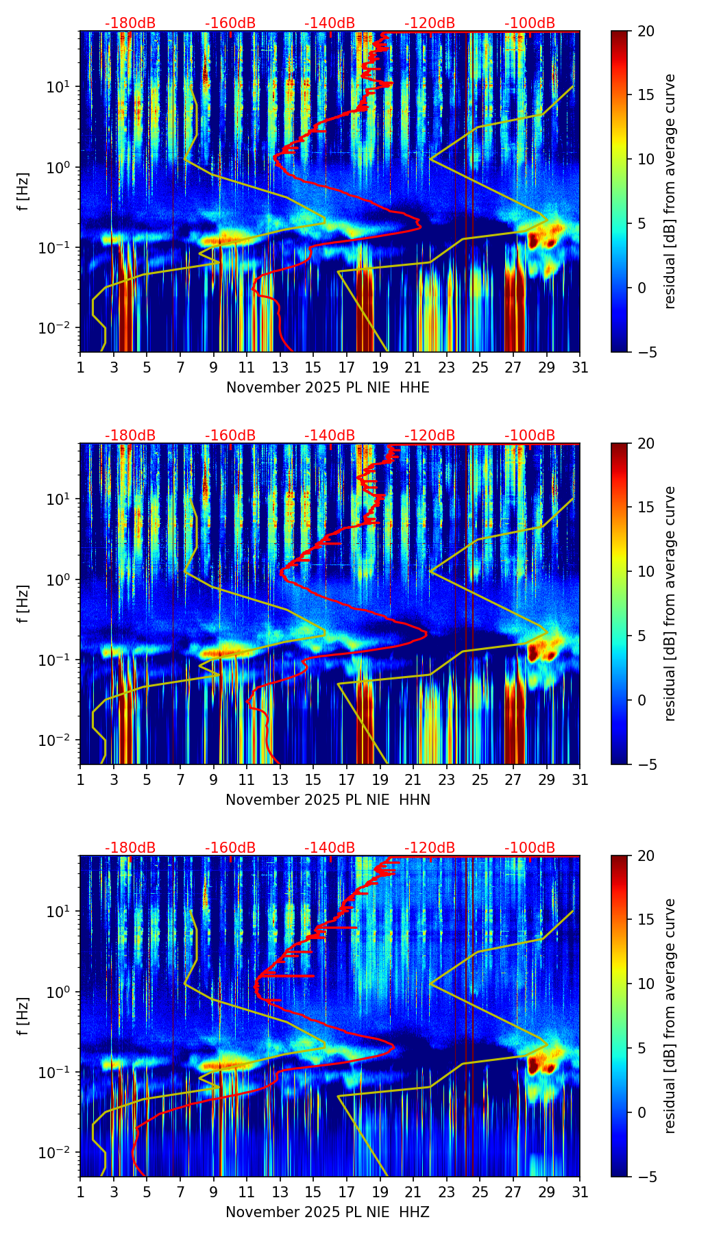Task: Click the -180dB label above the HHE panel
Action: point(130,23)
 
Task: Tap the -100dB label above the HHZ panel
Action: point(530,848)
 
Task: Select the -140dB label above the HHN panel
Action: point(330,436)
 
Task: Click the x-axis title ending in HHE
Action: point(328,388)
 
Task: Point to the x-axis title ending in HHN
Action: point(328,800)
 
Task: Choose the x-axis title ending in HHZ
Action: point(327,1212)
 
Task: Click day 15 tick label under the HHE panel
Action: point(313,368)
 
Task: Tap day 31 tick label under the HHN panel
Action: point(580,780)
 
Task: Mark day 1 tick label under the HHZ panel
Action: point(80,1192)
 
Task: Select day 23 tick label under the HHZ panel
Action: point(446,1192)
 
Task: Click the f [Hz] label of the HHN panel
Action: point(24,603)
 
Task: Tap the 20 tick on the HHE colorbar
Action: point(646,31)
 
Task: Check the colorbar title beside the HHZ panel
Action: point(670,1016)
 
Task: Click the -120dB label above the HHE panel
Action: point(430,23)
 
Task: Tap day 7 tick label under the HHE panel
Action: point(180,368)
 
